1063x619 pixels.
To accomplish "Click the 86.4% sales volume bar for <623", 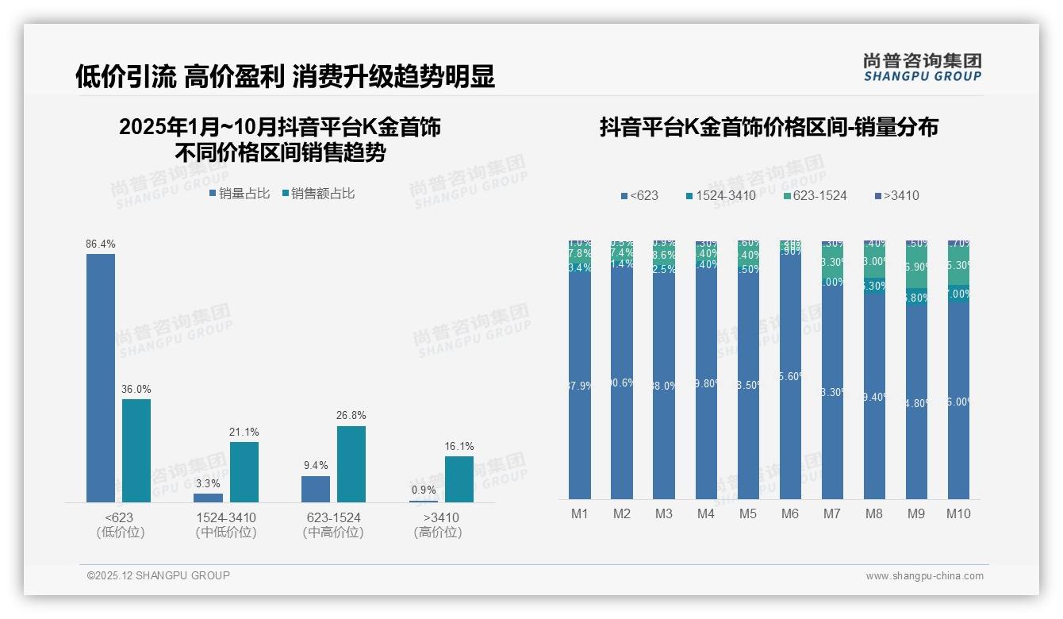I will click(101, 378).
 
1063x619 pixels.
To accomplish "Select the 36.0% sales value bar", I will click(136, 450).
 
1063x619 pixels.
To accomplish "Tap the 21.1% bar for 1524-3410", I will click(244, 471).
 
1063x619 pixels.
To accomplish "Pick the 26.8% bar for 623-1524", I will click(351, 463).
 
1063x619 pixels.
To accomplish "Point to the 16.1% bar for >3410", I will click(459, 479).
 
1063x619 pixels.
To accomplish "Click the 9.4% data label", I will click(315, 466).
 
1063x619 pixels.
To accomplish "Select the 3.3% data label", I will click(208, 483).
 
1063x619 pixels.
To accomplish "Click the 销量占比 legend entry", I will click(240, 193).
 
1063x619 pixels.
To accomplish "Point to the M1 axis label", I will click(580, 513).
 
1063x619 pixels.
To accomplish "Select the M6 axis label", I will click(790, 513).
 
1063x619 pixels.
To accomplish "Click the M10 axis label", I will click(958, 513).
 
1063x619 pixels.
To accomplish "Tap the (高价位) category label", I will click(437, 532).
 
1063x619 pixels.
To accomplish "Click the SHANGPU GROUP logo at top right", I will click(923, 67).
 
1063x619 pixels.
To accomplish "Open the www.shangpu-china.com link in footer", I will click(924, 576).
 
